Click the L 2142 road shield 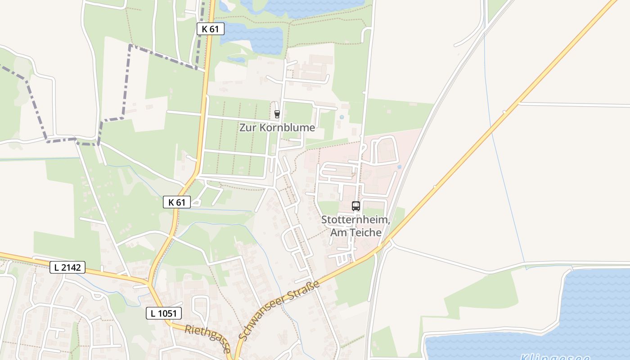click(x=67, y=267)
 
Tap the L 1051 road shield click(x=164, y=313)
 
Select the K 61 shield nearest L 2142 click(x=177, y=202)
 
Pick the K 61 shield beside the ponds click(x=210, y=29)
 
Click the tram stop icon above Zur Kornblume click(x=277, y=114)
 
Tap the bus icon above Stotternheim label click(x=355, y=206)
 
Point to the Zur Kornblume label click(x=277, y=127)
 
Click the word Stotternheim click(x=355, y=220)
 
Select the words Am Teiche click(x=355, y=233)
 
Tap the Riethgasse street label click(x=208, y=338)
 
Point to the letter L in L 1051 click(x=153, y=313)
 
